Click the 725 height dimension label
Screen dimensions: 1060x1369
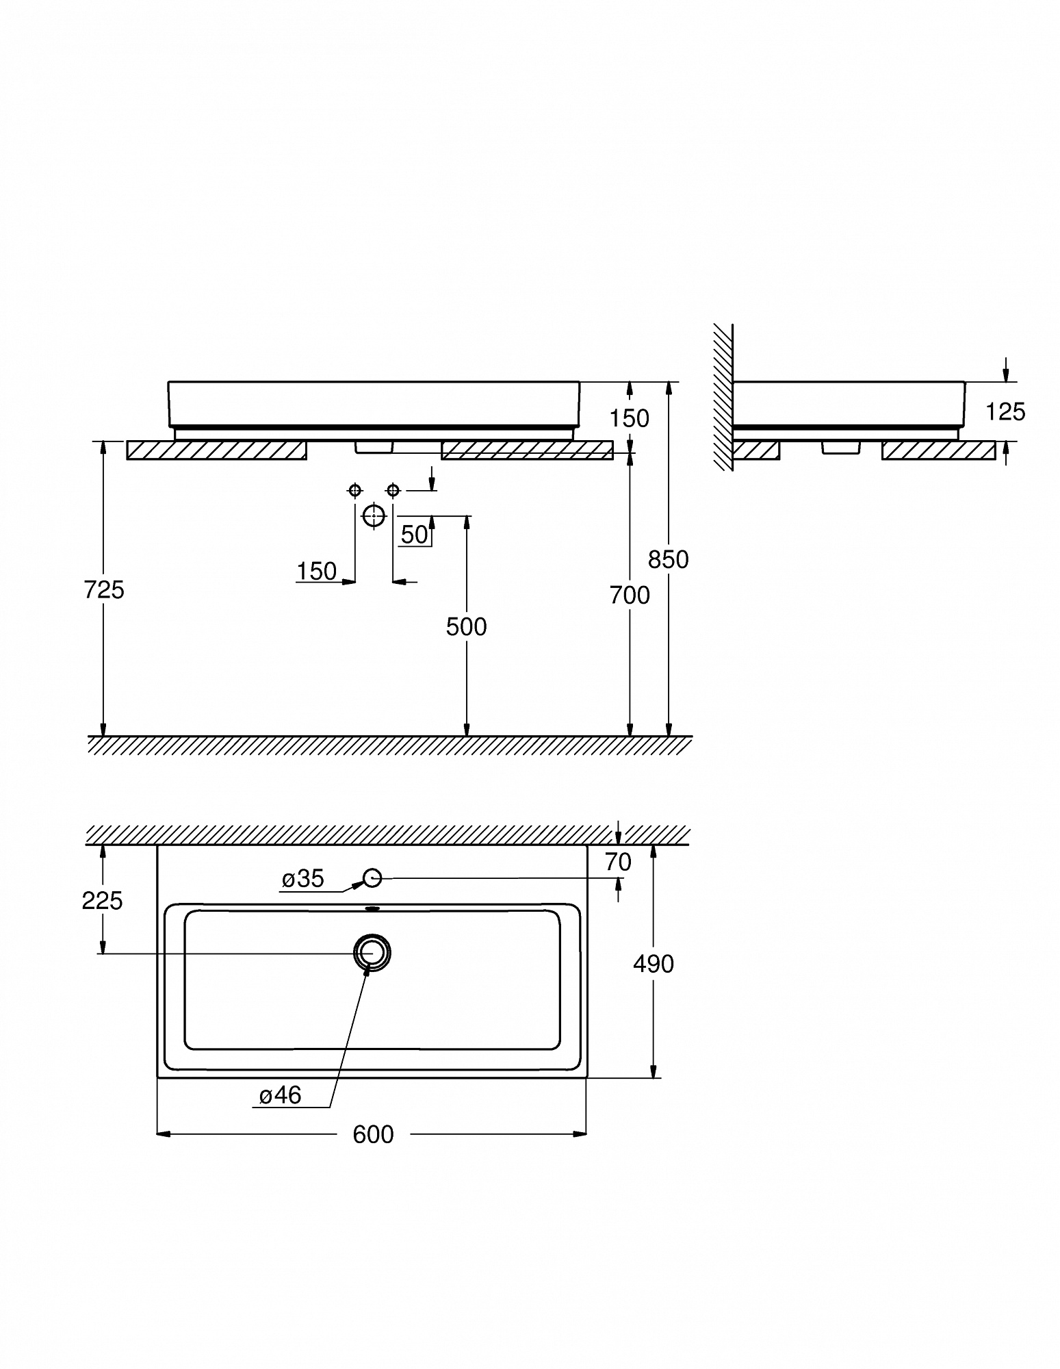[x=104, y=589]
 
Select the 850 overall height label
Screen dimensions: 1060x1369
[x=668, y=559]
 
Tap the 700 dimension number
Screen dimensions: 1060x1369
[x=630, y=596]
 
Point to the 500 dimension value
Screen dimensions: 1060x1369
[x=466, y=626]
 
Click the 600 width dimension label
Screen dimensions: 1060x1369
[x=373, y=1134]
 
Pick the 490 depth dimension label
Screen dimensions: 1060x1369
[x=654, y=964]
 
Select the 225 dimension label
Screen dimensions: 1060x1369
[x=103, y=901]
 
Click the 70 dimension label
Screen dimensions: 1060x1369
[x=618, y=862]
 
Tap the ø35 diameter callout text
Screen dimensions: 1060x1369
[x=303, y=879]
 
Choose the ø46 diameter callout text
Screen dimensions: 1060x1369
[x=281, y=1096]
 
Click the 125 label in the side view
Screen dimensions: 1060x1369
[x=1005, y=411]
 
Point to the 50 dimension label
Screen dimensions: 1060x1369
[x=415, y=535]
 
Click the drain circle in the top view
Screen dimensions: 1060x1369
[x=372, y=951]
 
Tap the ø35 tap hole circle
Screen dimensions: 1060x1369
[x=372, y=878]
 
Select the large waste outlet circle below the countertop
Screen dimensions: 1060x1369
[x=374, y=515]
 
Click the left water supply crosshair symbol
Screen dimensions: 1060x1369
[x=354, y=490]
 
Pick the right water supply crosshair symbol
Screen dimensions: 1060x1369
[x=393, y=490]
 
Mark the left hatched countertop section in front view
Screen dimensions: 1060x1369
[x=217, y=450]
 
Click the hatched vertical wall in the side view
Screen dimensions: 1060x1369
[x=723, y=397]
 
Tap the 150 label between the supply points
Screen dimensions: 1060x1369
[x=317, y=571]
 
